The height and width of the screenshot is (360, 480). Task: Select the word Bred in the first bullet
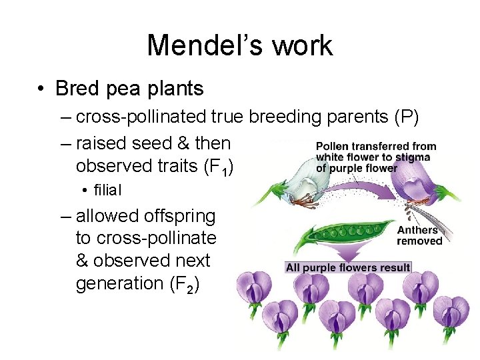click(77, 88)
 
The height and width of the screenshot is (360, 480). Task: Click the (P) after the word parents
click(406, 117)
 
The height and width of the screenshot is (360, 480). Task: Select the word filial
click(107, 190)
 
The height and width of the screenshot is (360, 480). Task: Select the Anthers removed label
click(419, 235)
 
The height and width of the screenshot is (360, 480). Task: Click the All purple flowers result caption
click(348, 267)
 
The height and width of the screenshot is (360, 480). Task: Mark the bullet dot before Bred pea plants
click(41, 89)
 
